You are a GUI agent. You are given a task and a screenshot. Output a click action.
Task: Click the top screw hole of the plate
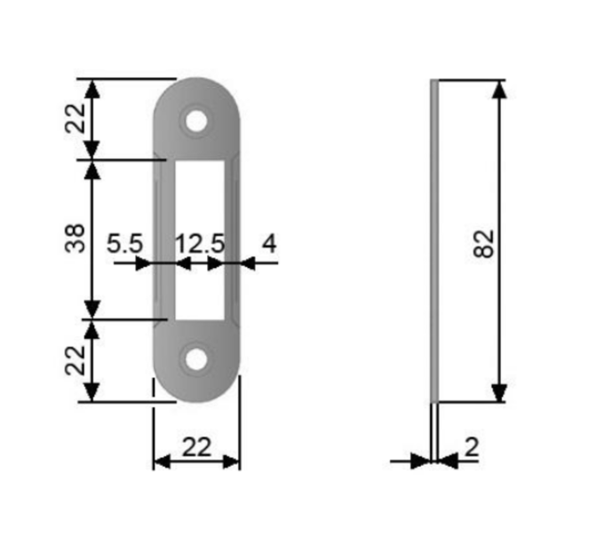(x=196, y=121)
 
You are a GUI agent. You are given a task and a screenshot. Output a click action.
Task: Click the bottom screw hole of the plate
(x=196, y=359)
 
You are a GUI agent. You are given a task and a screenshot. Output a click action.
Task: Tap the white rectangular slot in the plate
(x=200, y=240)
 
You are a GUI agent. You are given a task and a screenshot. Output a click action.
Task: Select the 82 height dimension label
(x=483, y=243)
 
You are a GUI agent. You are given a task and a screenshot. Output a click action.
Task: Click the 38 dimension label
(x=75, y=238)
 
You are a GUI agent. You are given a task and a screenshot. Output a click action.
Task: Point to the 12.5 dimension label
(x=200, y=243)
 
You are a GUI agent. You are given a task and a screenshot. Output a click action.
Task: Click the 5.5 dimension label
(x=124, y=243)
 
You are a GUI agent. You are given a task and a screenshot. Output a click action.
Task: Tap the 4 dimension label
(x=269, y=243)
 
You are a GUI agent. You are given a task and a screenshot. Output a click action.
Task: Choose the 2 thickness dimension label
(x=472, y=447)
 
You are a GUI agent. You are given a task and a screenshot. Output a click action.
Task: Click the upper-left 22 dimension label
(x=75, y=118)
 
